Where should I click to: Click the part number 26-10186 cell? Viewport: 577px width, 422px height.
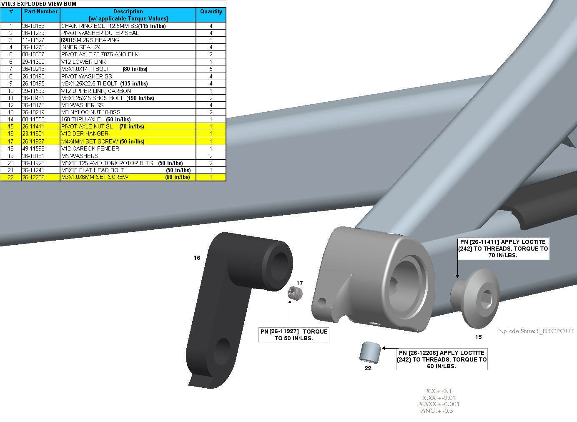(x=40, y=26)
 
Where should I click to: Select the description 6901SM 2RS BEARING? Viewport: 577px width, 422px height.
(x=90, y=40)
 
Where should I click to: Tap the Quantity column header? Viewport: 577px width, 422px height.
(x=211, y=11)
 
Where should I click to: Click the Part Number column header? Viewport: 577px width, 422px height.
(x=40, y=11)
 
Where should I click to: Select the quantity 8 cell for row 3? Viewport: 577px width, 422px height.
(x=211, y=40)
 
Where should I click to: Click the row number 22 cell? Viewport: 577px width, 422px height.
(x=10, y=177)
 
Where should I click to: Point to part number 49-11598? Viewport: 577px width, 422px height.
(x=33, y=148)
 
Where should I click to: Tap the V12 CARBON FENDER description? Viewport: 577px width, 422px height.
(x=90, y=148)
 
